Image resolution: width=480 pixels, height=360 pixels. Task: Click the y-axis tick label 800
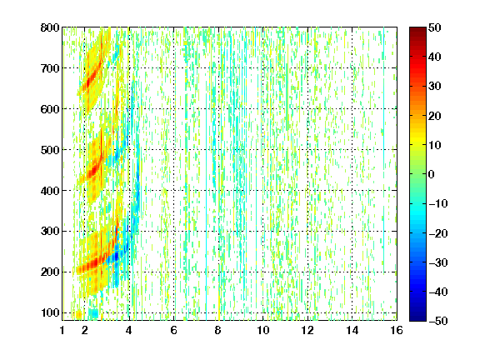[50, 27]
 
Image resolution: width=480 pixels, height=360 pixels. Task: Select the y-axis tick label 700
[50, 68]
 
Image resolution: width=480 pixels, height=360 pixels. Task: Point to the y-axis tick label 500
[50, 150]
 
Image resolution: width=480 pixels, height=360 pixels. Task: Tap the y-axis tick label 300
[50, 231]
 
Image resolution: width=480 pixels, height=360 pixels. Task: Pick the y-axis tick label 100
[50, 312]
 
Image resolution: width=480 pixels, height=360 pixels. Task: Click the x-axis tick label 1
[62, 330]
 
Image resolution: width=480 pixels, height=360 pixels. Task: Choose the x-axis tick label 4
[129, 330]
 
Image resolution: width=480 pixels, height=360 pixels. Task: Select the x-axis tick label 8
[217, 330]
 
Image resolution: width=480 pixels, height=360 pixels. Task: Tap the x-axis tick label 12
[307, 330]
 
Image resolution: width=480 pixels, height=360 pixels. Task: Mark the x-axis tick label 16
[397, 330]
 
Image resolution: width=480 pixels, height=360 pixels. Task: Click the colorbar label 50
[434, 27]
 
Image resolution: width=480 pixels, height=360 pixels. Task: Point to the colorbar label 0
[432, 174]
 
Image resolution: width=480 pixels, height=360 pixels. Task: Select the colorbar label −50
[438, 321]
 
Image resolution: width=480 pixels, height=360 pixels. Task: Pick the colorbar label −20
[438, 233]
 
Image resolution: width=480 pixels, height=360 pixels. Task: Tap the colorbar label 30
[434, 86]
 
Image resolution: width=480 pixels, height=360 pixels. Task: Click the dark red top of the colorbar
[417, 31]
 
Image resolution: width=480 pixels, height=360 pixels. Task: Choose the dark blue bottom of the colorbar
[417, 317]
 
